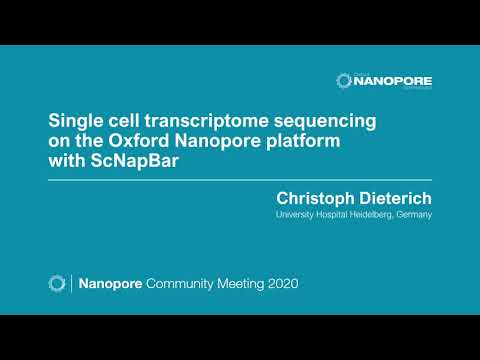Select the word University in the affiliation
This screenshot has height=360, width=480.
click(x=297, y=214)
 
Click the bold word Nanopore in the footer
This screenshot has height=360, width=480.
click(x=110, y=284)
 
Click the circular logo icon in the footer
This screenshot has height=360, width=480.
click(x=57, y=284)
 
